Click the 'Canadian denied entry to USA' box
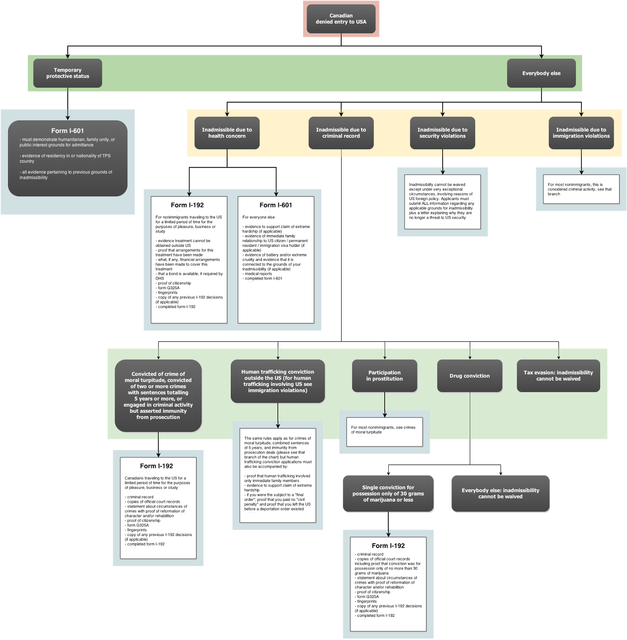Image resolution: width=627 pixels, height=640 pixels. click(x=341, y=19)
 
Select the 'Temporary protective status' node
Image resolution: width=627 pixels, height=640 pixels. click(x=68, y=73)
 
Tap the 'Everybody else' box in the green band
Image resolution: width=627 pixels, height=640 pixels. click(x=541, y=73)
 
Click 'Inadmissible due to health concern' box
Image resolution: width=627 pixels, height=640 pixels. click(x=227, y=133)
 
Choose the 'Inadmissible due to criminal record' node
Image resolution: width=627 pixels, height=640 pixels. click(x=341, y=133)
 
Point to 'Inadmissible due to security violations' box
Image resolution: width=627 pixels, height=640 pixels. click(x=443, y=133)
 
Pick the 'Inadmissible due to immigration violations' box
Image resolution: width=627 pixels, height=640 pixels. click(x=581, y=133)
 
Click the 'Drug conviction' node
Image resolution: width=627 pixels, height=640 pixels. click(x=470, y=376)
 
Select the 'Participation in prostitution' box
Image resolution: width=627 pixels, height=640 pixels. click(x=385, y=376)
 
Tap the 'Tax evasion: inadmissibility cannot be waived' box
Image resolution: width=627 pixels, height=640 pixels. click(x=559, y=376)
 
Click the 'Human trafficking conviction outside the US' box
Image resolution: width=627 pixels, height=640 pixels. click(x=278, y=381)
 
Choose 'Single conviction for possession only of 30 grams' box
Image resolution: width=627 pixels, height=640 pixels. click(x=388, y=494)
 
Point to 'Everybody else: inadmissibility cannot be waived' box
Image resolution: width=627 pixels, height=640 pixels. click(x=501, y=494)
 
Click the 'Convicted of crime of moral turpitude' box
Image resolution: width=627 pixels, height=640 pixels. click(x=158, y=396)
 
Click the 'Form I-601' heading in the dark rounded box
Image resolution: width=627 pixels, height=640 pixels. click(x=68, y=131)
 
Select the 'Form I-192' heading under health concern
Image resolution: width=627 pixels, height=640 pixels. click(x=187, y=205)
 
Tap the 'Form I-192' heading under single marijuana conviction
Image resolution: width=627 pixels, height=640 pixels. click(x=388, y=546)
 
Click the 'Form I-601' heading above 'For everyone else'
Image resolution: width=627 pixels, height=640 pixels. click(x=276, y=205)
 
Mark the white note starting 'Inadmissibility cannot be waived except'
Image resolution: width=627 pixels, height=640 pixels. click(x=443, y=202)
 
